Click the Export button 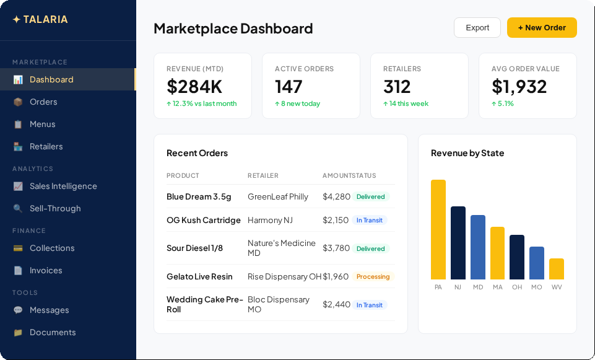(477, 27)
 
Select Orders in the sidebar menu (43, 102)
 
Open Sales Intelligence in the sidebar (63, 186)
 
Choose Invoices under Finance (46, 270)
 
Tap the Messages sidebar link (49, 310)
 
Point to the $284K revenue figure (194, 86)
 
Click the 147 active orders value (289, 86)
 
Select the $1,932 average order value (519, 86)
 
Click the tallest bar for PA (438, 229)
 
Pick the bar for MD (478, 247)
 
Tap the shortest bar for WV (557, 269)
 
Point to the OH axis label (517, 287)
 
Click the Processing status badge (373, 276)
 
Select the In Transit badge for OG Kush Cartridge (370, 220)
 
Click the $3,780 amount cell (336, 248)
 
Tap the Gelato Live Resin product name (199, 276)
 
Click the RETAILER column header (263, 175)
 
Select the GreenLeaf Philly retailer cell (278, 196)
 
